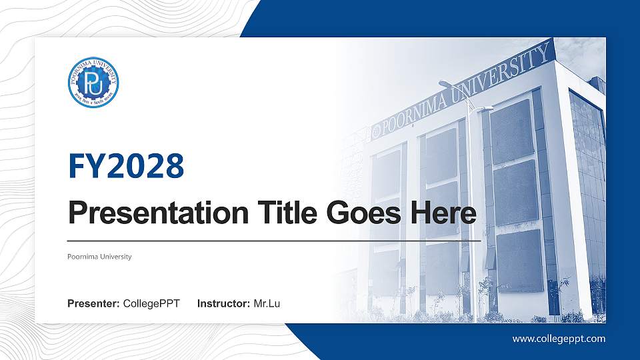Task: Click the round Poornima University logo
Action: pos(93,83)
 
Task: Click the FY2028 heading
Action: pos(126,166)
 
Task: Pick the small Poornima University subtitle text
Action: pos(99,257)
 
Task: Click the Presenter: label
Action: pos(93,304)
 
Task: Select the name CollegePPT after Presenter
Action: pos(151,304)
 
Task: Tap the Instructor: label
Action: pos(223,304)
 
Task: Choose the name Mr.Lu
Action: pos(267,304)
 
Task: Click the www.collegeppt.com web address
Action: pos(559,339)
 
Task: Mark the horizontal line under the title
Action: pos(274,240)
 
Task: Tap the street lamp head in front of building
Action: pos(445,84)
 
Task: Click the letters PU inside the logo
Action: pos(93,83)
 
